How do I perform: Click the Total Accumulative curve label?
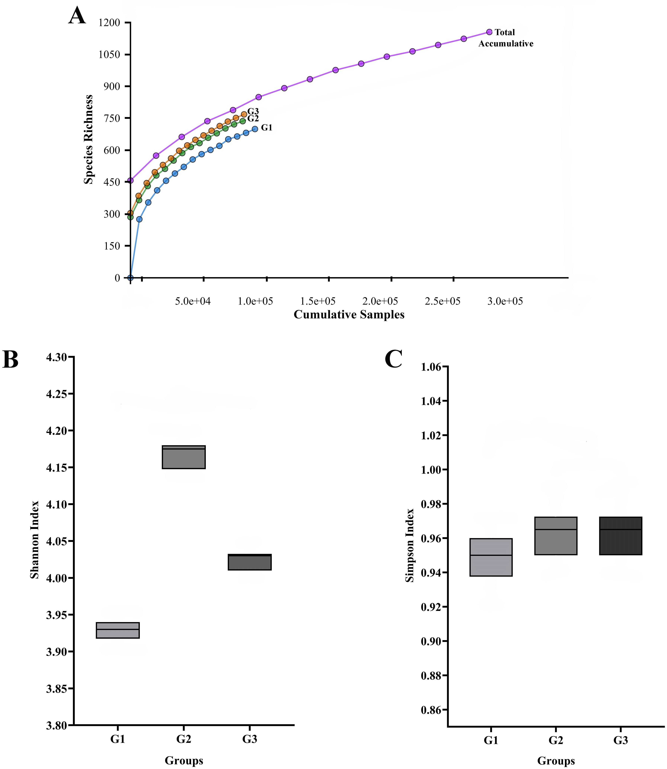pyautogui.click(x=505, y=38)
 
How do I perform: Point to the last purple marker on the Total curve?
pyautogui.click(x=489, y=32)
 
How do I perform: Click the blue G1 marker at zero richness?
pyautogui.click(x=130, y=278)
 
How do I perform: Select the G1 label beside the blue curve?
pyautogui.click(x=267, y=128)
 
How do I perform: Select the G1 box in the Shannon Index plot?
pyautogui.click(x=118, y=630)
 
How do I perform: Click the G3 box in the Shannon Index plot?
pyautogui.click(x=249, y=562)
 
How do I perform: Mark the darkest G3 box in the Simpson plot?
pyautogui.click(x=621, y=536)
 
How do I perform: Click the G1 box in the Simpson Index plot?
pyautogui.click(x=491, y=557)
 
